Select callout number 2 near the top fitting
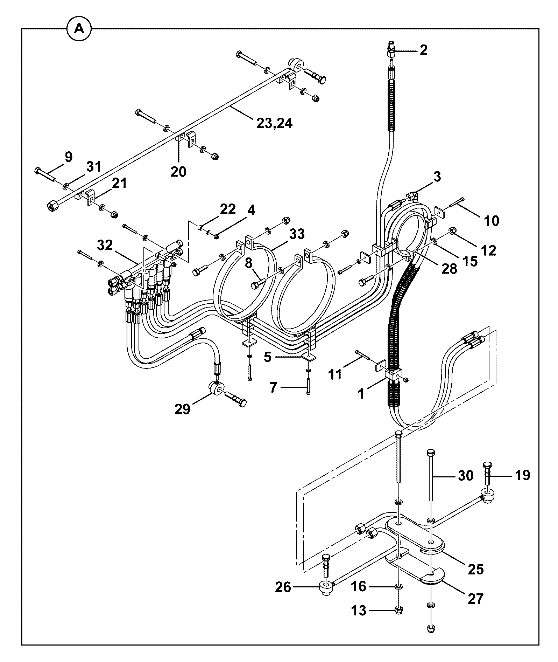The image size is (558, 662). click(x=423, y=50)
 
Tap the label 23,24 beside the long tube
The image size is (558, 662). click(x=275, y=123)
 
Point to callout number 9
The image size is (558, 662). click(x=68, y=157)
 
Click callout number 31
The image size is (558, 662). click(x=94, y=167)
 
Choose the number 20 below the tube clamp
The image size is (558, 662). click(x=179, y=172)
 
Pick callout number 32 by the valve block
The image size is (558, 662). click(x=105, y=245)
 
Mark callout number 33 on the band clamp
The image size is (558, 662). click(x=297, y=234)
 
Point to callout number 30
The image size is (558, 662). click(x=466, y=476)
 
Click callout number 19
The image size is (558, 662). click(x=523, y=475)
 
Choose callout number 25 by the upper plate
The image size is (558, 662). click(x=475, y=569)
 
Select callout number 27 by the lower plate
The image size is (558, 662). click(x=475, y=598)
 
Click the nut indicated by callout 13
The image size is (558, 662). click(x=398, y=611)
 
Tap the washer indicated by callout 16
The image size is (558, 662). click(x=398, y=586)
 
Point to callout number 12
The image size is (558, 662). click(x=489, y=250)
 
